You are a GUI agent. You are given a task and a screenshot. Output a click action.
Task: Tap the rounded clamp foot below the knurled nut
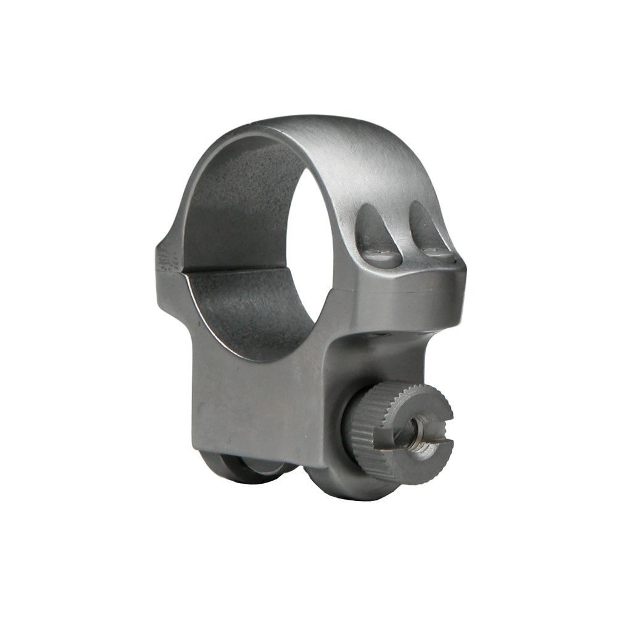click(x=346, y=481)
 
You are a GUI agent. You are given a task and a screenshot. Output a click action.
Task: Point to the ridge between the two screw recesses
click(x=401, y=231)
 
